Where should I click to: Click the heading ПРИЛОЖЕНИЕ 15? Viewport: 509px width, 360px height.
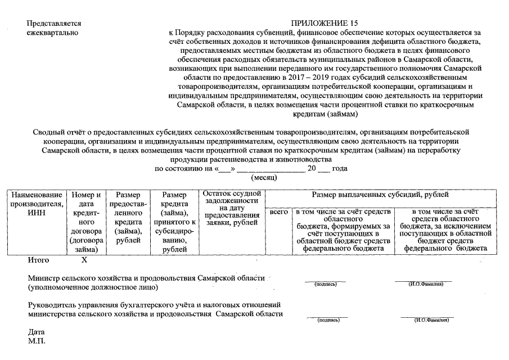click(324, 24)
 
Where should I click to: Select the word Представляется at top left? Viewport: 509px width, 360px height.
click(54, 24)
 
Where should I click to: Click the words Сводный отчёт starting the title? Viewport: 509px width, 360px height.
click(58, 132)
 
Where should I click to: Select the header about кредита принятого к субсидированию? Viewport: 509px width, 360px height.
click(174, 222)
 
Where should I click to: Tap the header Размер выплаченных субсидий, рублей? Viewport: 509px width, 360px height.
click(380, 195)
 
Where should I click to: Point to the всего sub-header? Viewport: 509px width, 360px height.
click(278, 213)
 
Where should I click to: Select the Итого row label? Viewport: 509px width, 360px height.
click(38, 260)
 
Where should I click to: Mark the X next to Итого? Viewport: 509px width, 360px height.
click(84, 260)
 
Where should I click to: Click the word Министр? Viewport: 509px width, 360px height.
click(44, 278)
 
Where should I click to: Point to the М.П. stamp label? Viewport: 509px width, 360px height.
click(37, 341)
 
